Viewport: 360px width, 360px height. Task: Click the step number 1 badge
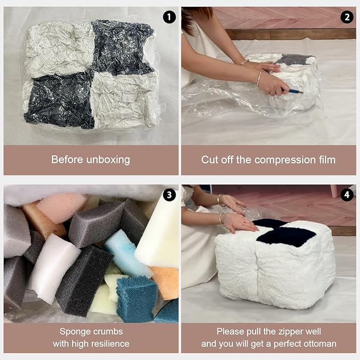coord(169,17)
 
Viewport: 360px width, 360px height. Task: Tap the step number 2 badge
coord(347,17)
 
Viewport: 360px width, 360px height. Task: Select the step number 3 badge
coord(169,195)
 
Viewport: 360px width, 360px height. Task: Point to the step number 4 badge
coord(347,195)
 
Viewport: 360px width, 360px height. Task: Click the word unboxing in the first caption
coord(108,160)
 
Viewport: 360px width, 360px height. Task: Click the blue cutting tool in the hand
coord(295,91)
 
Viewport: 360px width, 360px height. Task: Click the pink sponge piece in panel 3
coord(62,207)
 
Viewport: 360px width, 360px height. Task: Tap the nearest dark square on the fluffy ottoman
coord(287,237)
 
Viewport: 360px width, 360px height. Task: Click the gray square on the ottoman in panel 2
coord(294,59)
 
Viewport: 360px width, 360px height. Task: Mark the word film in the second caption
coord(328,160)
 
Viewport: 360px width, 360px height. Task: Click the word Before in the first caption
coord(67,160)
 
